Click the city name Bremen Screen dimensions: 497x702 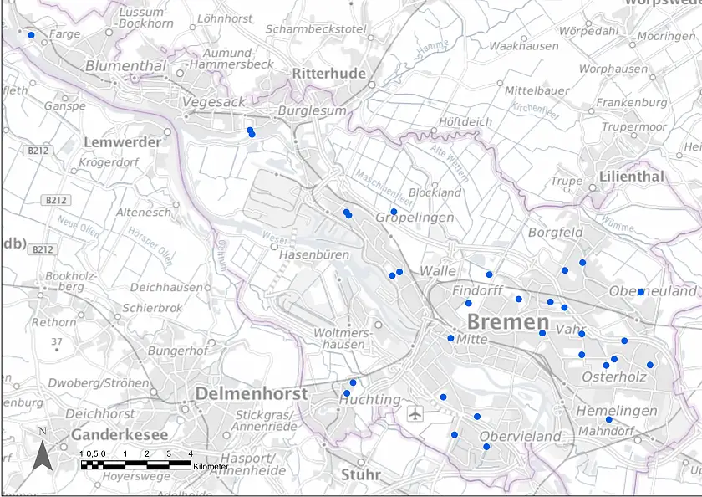(507, 322)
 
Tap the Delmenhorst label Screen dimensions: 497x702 (251, 393)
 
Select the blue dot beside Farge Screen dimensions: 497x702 (31, 35)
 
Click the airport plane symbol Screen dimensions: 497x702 (415, 413)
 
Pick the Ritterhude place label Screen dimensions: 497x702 (328, 74)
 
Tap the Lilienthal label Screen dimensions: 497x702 (631, 177)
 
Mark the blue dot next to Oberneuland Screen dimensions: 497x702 (640, 292)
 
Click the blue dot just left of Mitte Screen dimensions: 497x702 (450, 338)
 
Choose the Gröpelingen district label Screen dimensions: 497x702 (415, 218)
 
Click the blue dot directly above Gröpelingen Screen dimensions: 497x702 (394, 211)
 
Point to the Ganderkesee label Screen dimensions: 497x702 (120, 435)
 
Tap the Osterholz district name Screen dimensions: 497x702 (614, 377)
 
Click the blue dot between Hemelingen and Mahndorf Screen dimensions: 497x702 (608, 420)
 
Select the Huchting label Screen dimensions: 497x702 (369, 400)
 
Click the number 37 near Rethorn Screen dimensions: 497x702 (56, 341)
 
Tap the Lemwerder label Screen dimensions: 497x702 (122, 142)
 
